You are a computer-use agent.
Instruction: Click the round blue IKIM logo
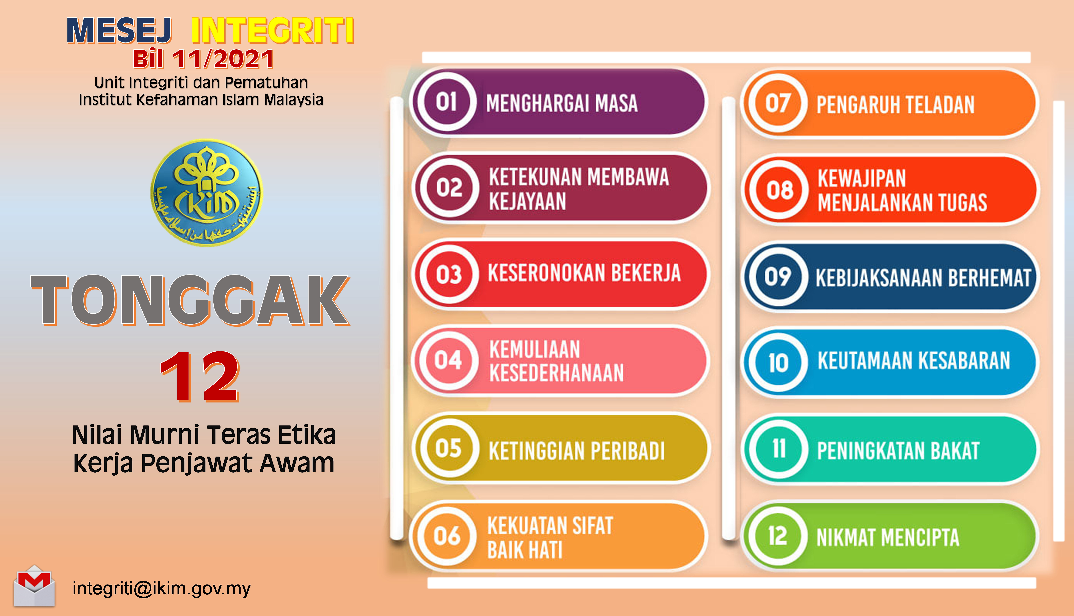(207, 193)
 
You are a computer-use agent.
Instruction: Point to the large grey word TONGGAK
(190, 300)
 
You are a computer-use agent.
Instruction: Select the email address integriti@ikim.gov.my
(162, 588)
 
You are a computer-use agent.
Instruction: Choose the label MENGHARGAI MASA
(562, 104)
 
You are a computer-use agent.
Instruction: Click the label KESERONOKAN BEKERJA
(584, 273)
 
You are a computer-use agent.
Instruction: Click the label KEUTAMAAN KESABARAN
(914, 361)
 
